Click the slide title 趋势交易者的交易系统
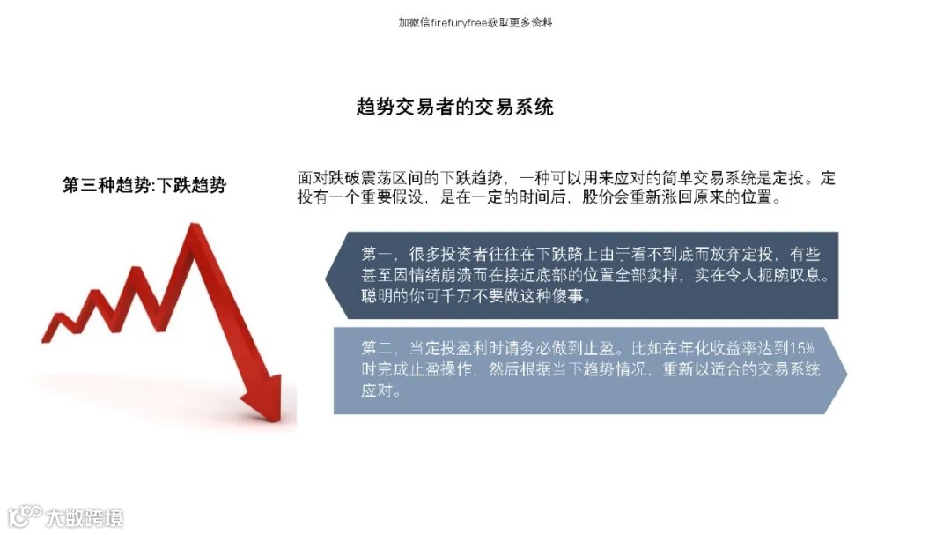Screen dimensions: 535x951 (454, 108)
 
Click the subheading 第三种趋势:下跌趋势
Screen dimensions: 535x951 (144, 185)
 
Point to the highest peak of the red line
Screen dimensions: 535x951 (192, 232)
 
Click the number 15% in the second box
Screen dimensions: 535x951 (802, 346)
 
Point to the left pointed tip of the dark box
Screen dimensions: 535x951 (328, 276)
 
